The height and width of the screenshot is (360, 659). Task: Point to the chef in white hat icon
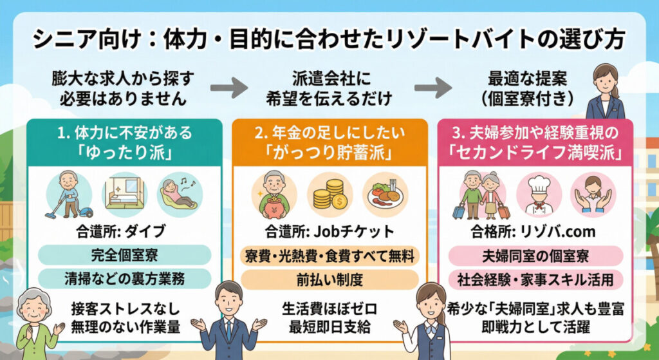(x=538, y=194)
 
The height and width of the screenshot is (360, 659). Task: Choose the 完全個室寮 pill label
(x=124, y=254)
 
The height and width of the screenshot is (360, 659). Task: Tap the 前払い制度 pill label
(x=329, y=279)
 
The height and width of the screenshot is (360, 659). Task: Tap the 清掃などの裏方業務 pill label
(x=124, y=278)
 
